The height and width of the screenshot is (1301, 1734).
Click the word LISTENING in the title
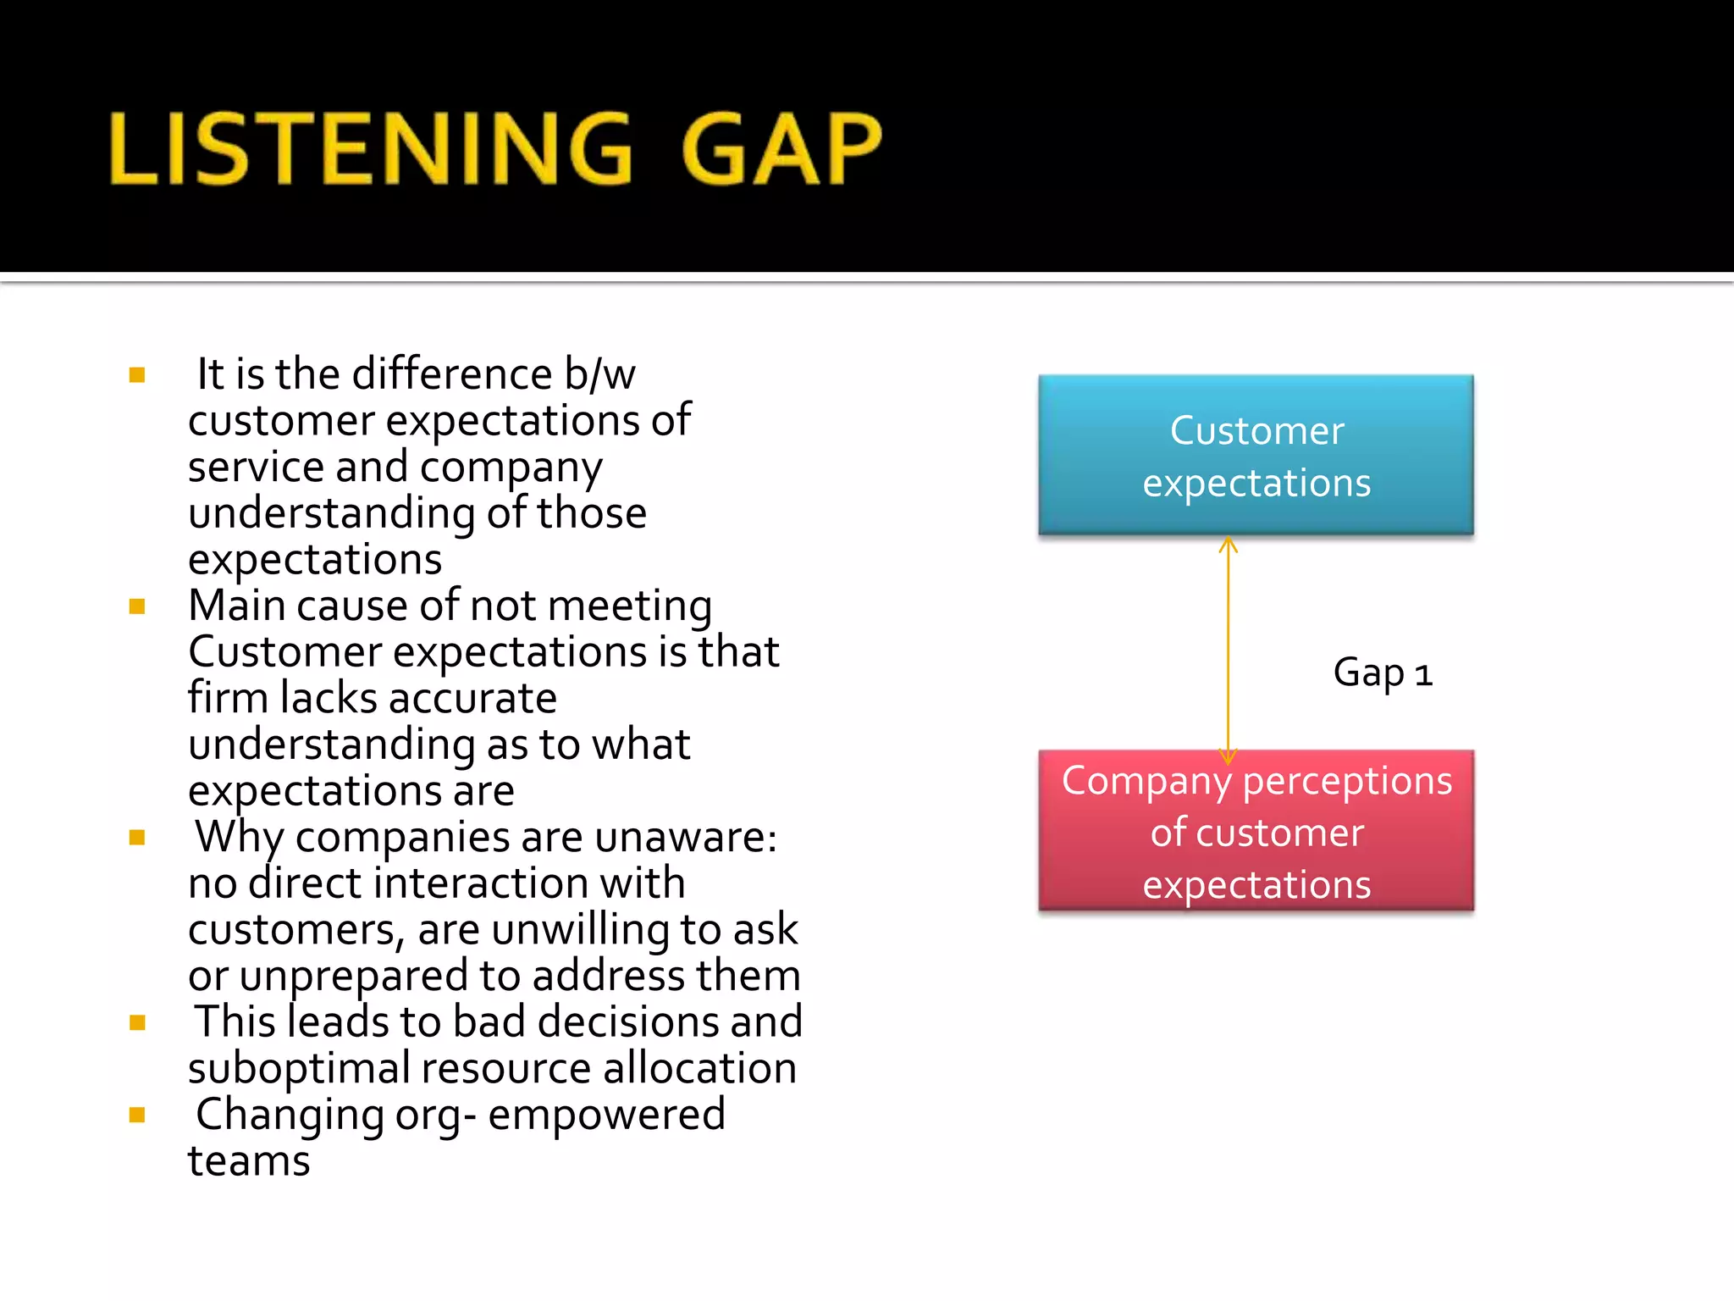371,149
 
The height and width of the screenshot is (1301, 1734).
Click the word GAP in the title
781,149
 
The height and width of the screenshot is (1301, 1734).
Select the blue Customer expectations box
1256,455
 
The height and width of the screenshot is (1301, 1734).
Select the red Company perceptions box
1256,831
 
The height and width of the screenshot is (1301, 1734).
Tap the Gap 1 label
1382,673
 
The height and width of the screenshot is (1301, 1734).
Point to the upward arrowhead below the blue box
1229,545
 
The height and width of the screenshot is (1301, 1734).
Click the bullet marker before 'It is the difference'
137,374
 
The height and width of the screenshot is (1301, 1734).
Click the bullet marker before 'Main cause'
137,606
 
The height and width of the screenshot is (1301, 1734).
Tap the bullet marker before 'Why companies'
137,838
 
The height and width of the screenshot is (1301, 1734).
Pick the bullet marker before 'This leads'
137,1022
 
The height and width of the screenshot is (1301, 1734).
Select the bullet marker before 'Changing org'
137,1115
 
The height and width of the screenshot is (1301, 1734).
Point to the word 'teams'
249,1161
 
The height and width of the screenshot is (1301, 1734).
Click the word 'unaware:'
686,838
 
